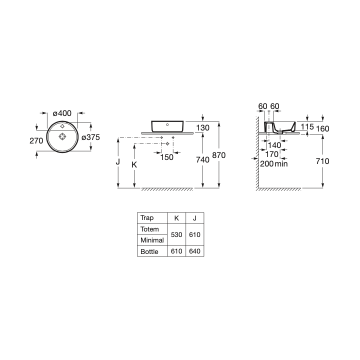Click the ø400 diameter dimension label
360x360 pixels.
(62, 113)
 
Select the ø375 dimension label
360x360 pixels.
(90, 137)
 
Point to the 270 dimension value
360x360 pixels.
(36, 140)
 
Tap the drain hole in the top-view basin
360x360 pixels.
(62, 136)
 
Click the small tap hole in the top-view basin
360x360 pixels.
(62, 126)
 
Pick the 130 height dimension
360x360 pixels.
(202, 127)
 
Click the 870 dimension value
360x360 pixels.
(219, 155)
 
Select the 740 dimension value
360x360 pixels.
(202, 159)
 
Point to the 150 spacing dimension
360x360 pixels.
(167, 157)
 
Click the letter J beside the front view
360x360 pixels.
(118, 162)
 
